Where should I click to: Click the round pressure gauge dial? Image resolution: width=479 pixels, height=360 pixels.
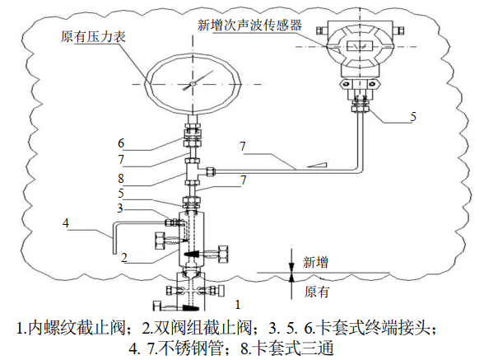point(191,83)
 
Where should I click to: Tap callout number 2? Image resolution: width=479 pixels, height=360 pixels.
point(123,257)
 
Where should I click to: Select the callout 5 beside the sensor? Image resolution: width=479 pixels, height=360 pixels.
point(413,117)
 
